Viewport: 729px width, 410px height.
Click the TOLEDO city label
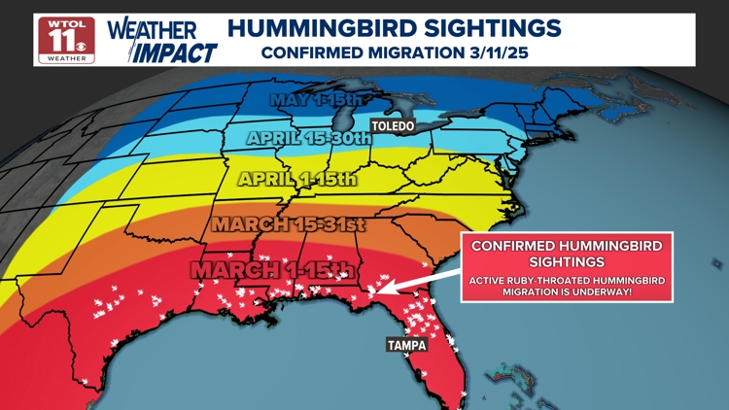(393, 126)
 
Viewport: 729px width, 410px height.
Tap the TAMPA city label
(407, 345)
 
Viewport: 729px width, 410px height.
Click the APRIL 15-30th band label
(308, 138)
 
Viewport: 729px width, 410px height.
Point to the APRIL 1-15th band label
(297, 179)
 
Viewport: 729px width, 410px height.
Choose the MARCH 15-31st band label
(288, 224)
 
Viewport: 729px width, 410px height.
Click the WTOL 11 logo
(66, 40)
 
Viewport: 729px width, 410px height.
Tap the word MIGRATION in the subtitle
(409, 52)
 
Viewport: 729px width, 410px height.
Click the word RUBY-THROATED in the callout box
(558, 281)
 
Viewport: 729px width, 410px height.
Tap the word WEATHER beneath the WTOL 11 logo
(66, 59)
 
